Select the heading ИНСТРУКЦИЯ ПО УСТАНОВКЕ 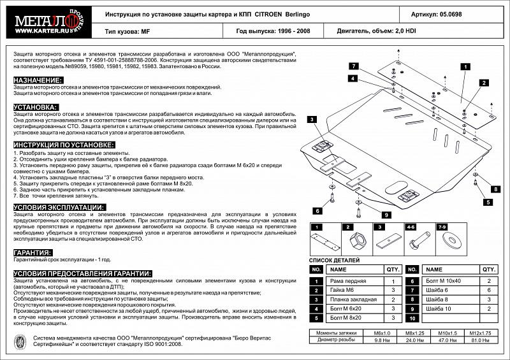tap(58, 145)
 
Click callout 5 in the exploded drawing tap(487, 202)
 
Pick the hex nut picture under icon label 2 tap(356, 243)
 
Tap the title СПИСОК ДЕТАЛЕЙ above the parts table tap(334, 261)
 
